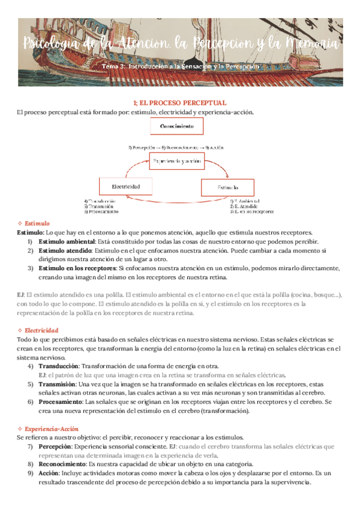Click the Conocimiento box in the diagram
click(x=176, y=127)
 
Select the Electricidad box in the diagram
click(x=126, y=187)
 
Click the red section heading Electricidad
click(x=41, y=330)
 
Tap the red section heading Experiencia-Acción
click(x=50, y=429)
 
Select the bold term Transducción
click(x=58, y=366)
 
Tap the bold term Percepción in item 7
click(x=55, y=447)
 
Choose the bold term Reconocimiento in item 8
click(x=62, y=464)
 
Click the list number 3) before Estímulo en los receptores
click(x=31, y=268)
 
